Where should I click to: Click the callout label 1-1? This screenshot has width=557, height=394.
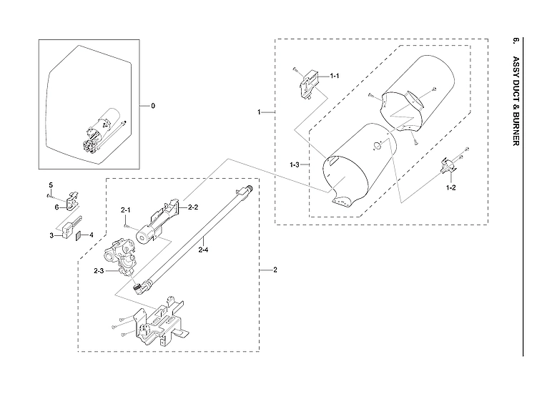334,76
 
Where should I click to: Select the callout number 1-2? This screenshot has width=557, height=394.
451,187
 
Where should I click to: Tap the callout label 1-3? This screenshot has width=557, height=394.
294,165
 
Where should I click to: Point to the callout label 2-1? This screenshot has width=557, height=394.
125,210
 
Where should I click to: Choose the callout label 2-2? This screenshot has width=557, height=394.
193,207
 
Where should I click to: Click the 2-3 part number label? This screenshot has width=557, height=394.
98,270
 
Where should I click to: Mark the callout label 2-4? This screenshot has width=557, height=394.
204,250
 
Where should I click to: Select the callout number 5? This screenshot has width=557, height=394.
50,185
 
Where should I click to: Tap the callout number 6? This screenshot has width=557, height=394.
56,207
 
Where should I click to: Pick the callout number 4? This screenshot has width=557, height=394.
91,235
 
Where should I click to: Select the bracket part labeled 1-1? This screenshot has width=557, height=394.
307,84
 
